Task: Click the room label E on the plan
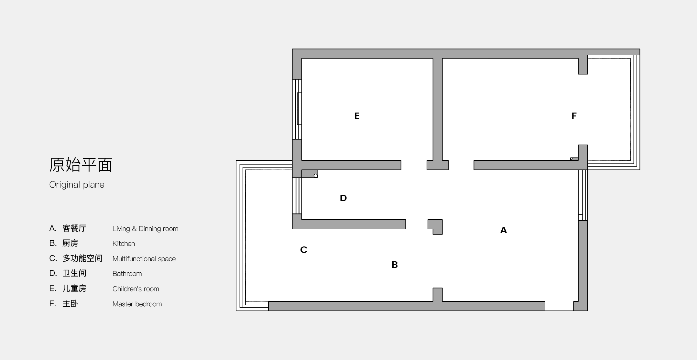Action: pyautogui.click(x=357, y=116)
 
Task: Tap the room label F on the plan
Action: pyautogui.click(x=574, y=116)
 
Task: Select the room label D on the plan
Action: pyautogui.click(x=343, y=198)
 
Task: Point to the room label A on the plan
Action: pyautogui.click(x=503, y=230)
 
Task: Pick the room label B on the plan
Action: pyautogui.click(x=395, y=265)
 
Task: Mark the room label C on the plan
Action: pyautogui.click(x=304, y=250)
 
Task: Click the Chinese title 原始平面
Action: pyautogui.click(x=81, y=165)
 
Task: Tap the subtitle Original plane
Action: pyautogui.click(x=77, y=185)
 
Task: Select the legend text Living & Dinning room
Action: pyautogui.click(x=145, y=229)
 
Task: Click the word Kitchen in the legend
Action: pyautogui.click(x=124, y=244)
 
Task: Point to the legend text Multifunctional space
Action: pyautogui.click(x=144, y=259)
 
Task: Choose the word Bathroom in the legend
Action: pyautogui.click(x=127, y=274)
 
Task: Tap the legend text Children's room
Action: pyautogui.click(x=136, y=289)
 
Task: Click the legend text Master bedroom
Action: pyautogui.click(x=137, y=304)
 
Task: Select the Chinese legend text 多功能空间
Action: pyautogui.click(x=82, y=258)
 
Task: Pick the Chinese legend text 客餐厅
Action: pyautogui.click(x=74, y=228)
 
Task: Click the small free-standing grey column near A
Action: pyautogui.click(x=435, y=227)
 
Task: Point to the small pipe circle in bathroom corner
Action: pyautogui.click(x=316, y=176)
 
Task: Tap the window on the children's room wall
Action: pyautogui.click(x=297, y=109)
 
